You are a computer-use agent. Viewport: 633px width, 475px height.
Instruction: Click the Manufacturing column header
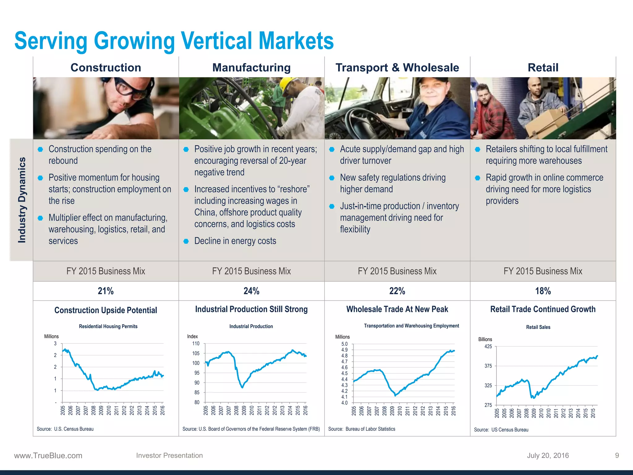click(x=251, y=67)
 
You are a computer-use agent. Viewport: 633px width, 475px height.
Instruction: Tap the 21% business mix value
click(x=106, y=291)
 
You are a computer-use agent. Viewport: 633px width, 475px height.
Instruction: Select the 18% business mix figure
click(x=543, y=291)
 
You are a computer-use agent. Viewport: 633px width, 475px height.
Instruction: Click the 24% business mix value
click(x=251, y=291)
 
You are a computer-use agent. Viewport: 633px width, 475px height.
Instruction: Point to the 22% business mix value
click(x=397, y=291)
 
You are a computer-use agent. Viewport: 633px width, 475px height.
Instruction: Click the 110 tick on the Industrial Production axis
click(x=196, y=344)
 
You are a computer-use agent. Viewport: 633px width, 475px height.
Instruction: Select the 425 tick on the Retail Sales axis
click(x=488, y=347)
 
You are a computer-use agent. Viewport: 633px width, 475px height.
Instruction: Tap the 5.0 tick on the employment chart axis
click(x=344, y=344)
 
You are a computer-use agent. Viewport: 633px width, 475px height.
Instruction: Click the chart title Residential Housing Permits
click(x=108, y=326)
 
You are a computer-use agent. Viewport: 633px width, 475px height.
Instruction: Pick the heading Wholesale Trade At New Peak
click(x=397, y=309)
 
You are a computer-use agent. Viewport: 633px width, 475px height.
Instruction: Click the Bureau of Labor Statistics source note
click(x=362, y=429)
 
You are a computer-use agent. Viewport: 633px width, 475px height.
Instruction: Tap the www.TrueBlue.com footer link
click(x=48, y=456)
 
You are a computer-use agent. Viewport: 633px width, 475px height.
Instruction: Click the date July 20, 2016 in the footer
click(x=548, y=456)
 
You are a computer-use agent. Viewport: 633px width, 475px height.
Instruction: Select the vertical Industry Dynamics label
click(x=22, y=200)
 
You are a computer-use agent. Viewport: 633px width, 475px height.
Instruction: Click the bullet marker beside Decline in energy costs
click(x=186, y=241)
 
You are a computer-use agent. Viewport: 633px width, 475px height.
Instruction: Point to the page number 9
click(x=617, y=456)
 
